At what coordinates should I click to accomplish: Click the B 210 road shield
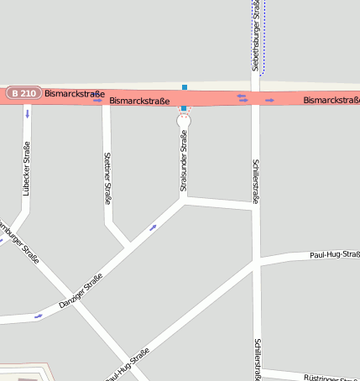pyautogui.click(x=23, y=93)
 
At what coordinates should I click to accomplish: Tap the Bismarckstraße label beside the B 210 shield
pyautogui.click(x=75, y=94)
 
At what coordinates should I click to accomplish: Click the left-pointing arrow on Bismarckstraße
pyautogui.click(x=243, y=97)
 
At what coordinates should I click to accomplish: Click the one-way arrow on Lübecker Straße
pyautogui.click(x=28, y=112)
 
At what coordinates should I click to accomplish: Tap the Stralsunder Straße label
pyautogui.click(x=183, y=160)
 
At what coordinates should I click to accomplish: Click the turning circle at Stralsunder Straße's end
pyautogui.click(x=184, y=122)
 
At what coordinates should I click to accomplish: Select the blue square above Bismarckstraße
pyautogui.click(x=185, y=86)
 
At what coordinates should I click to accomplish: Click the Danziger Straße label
pyautogui.click(x=81, y=290)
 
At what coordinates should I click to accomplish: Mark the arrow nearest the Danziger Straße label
pyautogui.click(x=38, y=316)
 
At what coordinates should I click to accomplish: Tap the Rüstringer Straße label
pyautogui.click(x=331, y=378)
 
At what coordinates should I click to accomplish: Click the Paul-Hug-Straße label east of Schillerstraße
pyautogui.click(x=334, y=253)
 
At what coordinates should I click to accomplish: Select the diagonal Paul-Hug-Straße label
pyautogui.click(x=128, y=365)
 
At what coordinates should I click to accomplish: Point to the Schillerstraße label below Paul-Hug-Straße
pyautogui.click(x=256, y=359)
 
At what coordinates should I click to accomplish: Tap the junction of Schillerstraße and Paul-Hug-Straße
pyautogui.click(x=256, y=264)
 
